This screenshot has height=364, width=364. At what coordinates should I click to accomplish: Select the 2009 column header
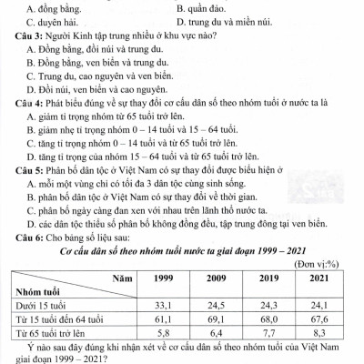217,278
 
